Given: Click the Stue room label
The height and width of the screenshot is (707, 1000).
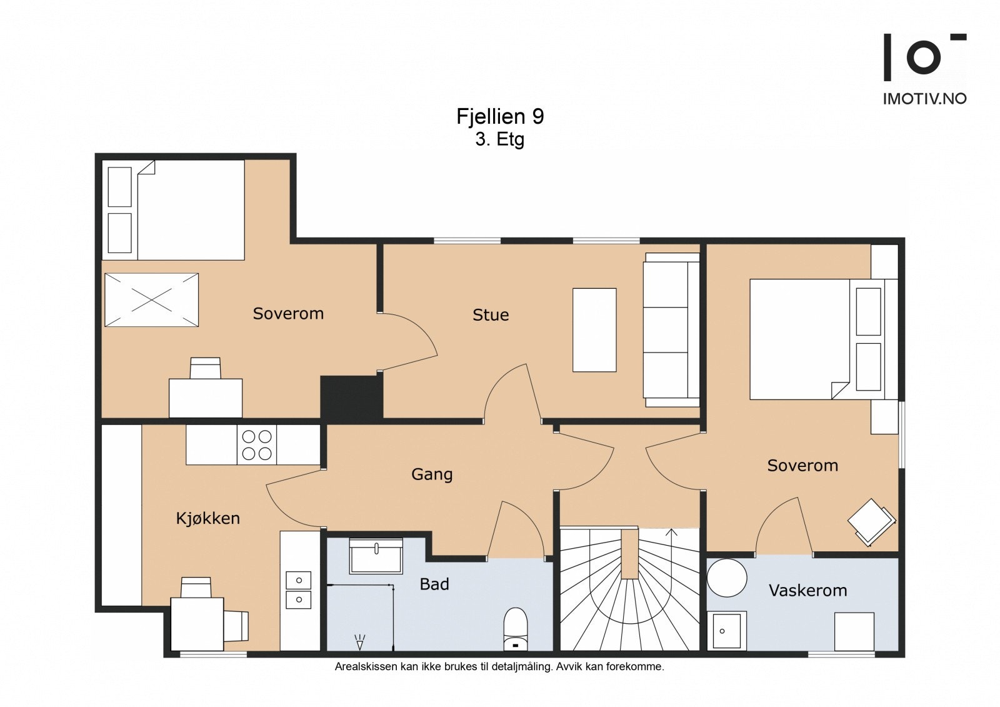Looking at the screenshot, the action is tap(491, 315).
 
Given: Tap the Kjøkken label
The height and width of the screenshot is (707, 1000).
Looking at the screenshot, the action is tap(208, 518).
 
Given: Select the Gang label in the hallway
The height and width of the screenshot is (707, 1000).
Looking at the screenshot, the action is tap(432, 474).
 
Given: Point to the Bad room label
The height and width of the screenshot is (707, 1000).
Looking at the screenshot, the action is tap(434, 584).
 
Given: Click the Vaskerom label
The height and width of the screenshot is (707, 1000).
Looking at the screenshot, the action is tap(807, 591).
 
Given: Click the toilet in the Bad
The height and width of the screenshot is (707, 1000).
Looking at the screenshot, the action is tap(515, 629).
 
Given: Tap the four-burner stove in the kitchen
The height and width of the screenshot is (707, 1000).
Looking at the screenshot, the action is tap(257, 445).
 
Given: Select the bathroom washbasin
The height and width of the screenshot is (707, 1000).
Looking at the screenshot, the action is tap(376, 556).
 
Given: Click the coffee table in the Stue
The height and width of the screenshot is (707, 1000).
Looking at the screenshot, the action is tap(594, 330).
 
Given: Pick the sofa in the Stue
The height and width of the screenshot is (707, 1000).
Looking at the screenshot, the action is tap(671, 330).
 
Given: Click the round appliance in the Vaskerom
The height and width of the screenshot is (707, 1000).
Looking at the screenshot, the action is tap(727, 578).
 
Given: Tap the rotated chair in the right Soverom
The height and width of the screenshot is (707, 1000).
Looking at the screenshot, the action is tap(871, 522).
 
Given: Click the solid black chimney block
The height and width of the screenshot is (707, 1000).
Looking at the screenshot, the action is tap(352, 397).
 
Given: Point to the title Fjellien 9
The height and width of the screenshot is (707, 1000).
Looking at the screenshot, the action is tap(500, 116).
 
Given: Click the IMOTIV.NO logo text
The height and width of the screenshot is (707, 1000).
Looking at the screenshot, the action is tap(924, 99).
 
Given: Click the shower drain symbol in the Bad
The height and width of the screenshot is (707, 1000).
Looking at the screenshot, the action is tap(359, 642).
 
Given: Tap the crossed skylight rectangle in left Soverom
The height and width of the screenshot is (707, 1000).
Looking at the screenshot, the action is tap(152, 299).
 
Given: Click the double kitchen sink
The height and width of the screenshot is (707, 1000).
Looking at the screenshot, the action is tap(298, 590).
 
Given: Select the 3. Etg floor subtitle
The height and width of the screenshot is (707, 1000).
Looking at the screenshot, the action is tap(499, 139).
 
